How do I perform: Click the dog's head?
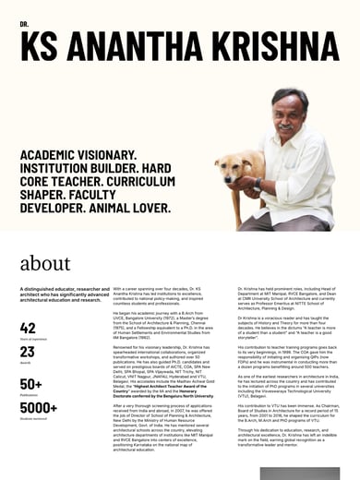point(230,170)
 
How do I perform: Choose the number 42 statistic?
point(28,328)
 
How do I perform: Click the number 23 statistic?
point(28,352)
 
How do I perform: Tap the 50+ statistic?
point(30,384)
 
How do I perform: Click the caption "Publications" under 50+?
point(30,395)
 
